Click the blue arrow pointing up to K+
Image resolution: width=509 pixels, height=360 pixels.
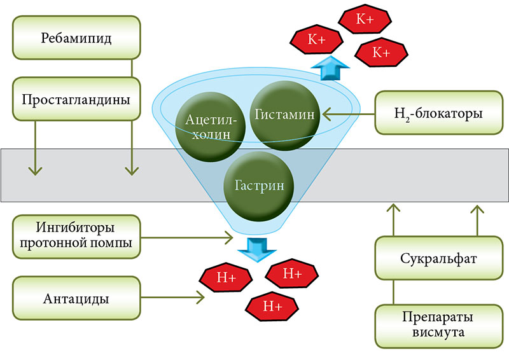[329, 67]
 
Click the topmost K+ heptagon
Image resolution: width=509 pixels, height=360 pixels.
[365, 20]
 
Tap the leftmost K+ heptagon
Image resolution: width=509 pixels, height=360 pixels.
[316, 39]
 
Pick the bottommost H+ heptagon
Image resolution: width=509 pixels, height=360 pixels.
[271, 307]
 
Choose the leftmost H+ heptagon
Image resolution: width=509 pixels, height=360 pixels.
[226, 277]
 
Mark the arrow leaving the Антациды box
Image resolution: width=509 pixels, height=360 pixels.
[172, 297]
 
